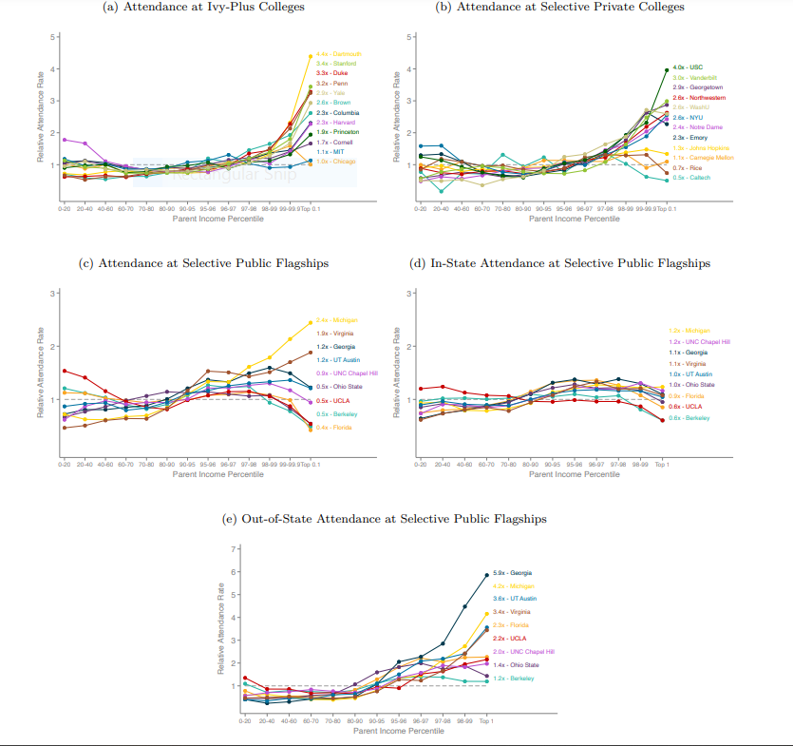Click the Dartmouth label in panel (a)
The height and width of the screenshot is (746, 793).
pos(338,54)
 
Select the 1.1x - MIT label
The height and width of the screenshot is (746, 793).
pos(330,151)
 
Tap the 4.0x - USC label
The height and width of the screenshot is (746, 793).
pos(688,67)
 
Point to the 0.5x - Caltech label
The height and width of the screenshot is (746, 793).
pos(691,178)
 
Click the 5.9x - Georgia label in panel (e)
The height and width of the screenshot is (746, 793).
pos(514,573)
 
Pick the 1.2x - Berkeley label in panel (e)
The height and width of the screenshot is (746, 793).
pos(514,679)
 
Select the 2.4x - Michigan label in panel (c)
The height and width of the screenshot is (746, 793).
pos(336,320)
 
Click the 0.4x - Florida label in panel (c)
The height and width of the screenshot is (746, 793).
pos(335,428)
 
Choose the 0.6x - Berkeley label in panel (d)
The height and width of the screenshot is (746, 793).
pos(689,418)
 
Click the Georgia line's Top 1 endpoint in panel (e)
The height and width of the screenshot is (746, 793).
pos(487,574)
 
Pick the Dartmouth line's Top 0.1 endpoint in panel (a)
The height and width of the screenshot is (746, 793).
pos(311,56)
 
